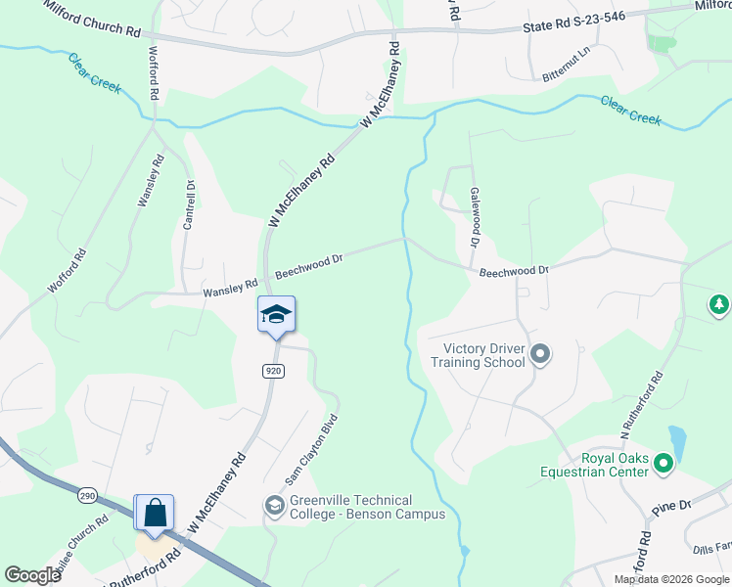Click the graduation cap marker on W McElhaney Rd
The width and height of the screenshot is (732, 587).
click(x=276, y=314)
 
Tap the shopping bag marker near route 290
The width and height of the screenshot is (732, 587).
click(x=154, y=513)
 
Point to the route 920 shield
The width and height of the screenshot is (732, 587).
click(x=273, y=371)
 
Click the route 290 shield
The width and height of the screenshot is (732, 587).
click(x=87, y=496)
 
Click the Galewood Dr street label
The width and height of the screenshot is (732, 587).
click(x=475, y=216)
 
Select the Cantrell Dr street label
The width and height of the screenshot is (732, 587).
click(x=189, y=204)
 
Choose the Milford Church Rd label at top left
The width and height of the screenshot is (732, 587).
click(x=92, y=18)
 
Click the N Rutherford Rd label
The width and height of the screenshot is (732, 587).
click(x=641, y=403)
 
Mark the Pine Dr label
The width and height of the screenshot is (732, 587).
click(x=672, y=507)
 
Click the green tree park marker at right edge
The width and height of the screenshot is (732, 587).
click(x=719, y=305)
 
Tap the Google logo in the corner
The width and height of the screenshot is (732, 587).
click(x=32, y=575)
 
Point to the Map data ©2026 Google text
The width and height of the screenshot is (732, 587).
click(x=670, y=579)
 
